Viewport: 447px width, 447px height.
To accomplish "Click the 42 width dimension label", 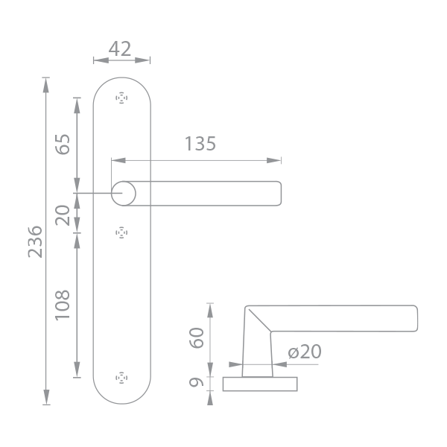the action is [x=120, y=48].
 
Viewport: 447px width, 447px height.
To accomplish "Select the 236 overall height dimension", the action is [x=35, y=241].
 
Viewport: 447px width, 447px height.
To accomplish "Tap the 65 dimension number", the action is [x=63, y=145].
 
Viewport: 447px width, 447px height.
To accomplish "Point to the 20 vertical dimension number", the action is [x=63, y=215].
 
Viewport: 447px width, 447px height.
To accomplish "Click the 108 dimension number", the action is [x=63, y=305].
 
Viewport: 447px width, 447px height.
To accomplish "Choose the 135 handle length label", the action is [x=200, y=143].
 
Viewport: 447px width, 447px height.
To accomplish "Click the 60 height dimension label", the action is [x=197, y=337].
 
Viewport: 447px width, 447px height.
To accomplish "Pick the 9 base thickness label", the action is [x=197, y=381].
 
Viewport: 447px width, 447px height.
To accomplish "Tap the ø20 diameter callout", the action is [x=305, y=352].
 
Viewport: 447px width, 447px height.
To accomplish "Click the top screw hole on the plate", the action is [x=121, y=98].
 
